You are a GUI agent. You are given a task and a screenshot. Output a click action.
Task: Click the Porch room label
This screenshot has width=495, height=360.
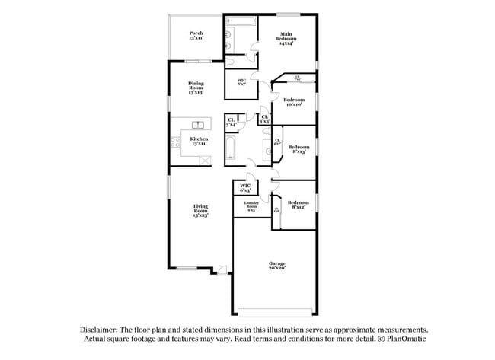196,35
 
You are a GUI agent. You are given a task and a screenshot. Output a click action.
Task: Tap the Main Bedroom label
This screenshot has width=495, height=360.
286,39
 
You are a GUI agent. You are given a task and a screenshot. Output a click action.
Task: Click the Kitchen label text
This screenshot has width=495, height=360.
200,141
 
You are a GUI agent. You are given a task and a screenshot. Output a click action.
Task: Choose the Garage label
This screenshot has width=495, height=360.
276,266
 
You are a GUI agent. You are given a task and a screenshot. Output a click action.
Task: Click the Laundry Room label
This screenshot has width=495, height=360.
251,205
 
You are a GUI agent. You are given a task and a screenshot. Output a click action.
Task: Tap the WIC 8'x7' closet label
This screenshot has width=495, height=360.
241,81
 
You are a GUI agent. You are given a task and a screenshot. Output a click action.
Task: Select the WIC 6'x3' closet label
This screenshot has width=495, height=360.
245,188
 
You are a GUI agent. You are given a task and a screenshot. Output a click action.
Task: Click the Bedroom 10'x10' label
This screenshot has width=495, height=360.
294,102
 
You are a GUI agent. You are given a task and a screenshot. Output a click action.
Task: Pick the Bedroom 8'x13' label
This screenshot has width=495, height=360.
299,149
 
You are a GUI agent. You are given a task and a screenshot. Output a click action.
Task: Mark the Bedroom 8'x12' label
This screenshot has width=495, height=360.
299,204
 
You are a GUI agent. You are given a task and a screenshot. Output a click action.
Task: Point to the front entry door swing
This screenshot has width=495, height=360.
221,270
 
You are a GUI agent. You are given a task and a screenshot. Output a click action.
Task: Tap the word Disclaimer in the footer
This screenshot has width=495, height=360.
101,330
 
